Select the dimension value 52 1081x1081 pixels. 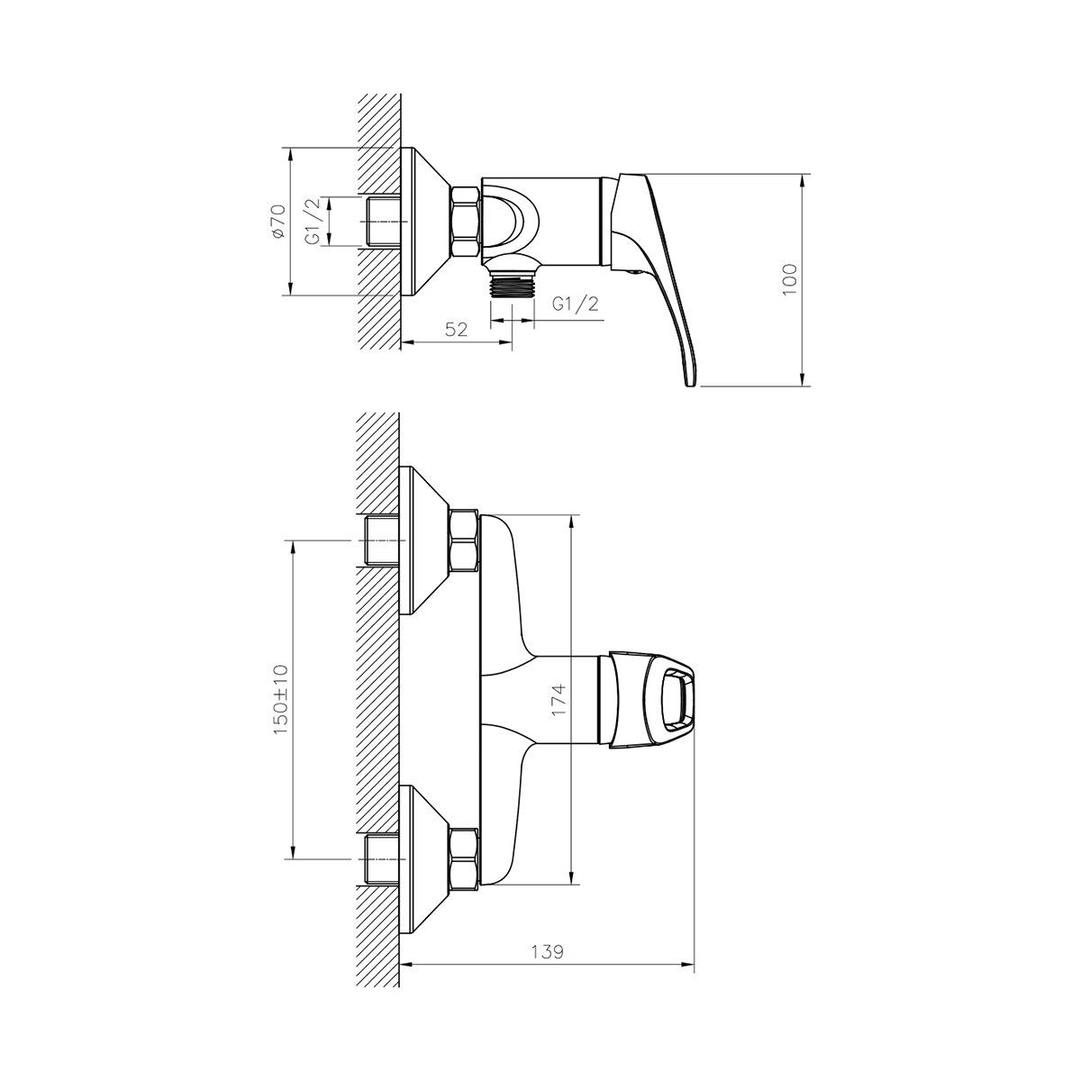pyautogui.click(x=458, y=330)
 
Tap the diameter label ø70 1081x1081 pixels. pyautogui.click(x=277, y=221)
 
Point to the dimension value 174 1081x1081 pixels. pyautogui.click(x=559, y=700)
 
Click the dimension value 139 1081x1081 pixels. pyautogui.click(x=548, y=952)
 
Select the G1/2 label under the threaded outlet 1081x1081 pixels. pyautogui.click(x=575, y=304)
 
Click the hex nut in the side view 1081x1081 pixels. pyautogui.click(x=465, y=223)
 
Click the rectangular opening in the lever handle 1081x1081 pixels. pyautogui.click(x=677, y=699)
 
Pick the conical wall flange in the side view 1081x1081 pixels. pyautogui.click(x=423, y=222)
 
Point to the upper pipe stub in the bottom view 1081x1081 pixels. pyautogui.click(x=382, y=540)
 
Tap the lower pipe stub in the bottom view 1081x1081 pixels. pyautogui.click(x=382, y=859)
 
